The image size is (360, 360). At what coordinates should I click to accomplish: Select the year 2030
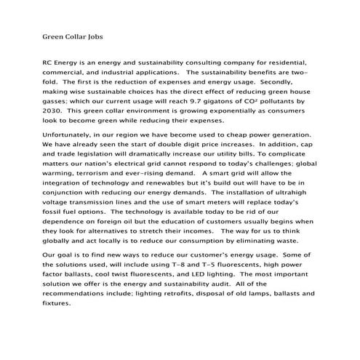tap(54, 113)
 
